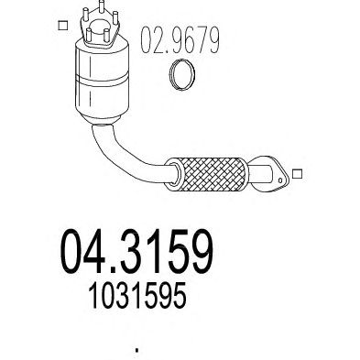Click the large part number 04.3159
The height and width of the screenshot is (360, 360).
click(136, 251)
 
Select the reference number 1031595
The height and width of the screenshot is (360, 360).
click(137, 295)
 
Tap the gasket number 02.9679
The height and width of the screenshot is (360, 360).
click(180, 39)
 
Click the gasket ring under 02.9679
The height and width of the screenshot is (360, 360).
click(182, 75)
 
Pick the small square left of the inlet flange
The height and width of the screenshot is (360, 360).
click(62, 26)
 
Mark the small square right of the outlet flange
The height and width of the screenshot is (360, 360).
click(297, 174)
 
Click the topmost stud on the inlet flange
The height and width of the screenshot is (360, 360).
click(102, 6)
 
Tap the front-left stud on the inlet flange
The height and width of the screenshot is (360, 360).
click(89, 35)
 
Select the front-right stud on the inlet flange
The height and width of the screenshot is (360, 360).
click(106, 36)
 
